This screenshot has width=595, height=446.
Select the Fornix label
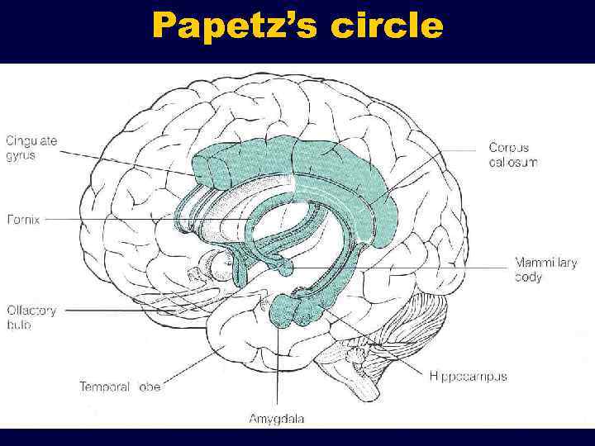tap(22, 220)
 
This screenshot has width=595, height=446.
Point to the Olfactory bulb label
tap(31, 318)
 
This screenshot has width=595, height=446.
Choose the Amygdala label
tap(276, 419)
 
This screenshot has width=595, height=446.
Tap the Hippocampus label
tap(468, 377)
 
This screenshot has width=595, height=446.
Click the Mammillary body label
tap(545, 270)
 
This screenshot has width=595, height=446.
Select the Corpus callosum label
tap(512, 154)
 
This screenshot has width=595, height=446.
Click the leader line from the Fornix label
tap(124, 221)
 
